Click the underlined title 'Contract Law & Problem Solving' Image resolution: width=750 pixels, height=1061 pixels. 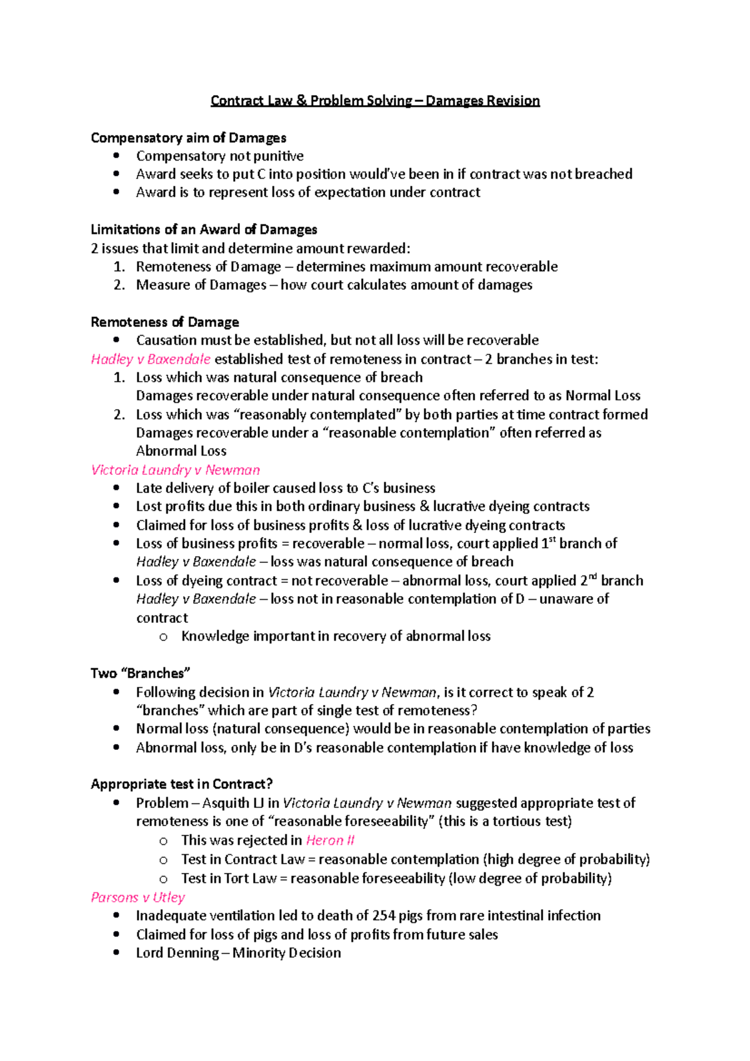click(x=311, y=101)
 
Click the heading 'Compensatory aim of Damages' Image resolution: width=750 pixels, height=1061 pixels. click(x=188, y=137)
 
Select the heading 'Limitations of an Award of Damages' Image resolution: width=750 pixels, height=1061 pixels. click(x=204, y=229)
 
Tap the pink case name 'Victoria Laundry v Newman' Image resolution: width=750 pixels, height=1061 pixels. click(x=175, y=470)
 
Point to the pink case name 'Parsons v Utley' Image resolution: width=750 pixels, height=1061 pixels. click(x=137, y=897)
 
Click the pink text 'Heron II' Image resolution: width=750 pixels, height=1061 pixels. click(x=330, y=840)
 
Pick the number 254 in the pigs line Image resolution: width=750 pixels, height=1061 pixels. click(x=384, y=915)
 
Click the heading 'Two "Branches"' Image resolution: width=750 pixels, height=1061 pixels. click(x=140, y=673)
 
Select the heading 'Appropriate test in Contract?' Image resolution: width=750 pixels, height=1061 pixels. click(x=181, y=784)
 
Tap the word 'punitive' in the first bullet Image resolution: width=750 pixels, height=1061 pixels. click(x=278, y=156)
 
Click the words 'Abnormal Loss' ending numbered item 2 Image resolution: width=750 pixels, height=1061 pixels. click(x=181, y=451)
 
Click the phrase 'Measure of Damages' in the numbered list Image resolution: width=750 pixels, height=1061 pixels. click(x=201, y=285)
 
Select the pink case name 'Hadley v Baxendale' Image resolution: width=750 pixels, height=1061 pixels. click(x=151, y=359)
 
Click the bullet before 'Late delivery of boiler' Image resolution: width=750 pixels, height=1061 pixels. click(x=116, y=488)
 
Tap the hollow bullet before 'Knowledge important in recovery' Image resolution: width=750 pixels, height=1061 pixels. click(x=163, y=637)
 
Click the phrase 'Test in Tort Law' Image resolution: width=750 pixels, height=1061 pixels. click(x=229, y=879)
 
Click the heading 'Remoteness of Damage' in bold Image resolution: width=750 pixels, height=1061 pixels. click(x=164, y=322)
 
